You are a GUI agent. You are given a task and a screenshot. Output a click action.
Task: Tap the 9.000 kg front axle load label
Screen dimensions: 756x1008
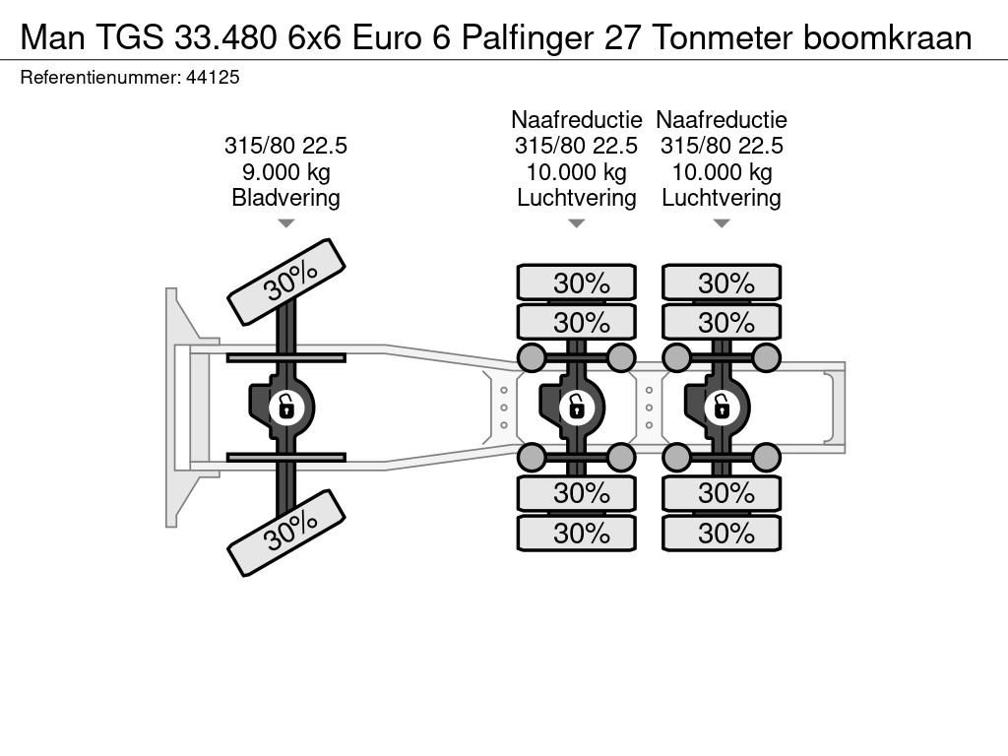(285, 172)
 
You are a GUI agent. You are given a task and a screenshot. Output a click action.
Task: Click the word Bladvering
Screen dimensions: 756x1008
(285, 198)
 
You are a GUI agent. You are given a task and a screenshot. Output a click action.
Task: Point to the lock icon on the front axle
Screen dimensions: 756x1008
(285, 406)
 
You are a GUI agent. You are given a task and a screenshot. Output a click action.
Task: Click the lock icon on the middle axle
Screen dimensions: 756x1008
(576, 406)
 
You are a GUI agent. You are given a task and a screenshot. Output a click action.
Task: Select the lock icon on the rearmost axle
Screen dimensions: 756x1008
(721, 406)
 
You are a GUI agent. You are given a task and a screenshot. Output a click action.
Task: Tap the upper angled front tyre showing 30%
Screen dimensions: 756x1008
(286, 282)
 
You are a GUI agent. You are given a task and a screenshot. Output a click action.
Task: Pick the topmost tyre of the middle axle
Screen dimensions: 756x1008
(577, 283)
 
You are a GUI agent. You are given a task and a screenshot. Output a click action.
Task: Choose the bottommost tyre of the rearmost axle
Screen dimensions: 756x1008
(722, 534)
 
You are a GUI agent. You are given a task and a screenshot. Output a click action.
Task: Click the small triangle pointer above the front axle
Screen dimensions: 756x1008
(285, 223)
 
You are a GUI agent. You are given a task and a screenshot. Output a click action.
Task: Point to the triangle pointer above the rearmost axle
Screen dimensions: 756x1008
(722, 223)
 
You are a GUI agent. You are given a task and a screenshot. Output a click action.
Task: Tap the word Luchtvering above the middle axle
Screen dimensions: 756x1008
(577, 198)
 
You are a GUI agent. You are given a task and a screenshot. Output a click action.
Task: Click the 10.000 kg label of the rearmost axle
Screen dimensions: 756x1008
(722, 172)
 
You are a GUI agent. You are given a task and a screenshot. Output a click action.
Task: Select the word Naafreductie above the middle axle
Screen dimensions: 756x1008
(577, 120)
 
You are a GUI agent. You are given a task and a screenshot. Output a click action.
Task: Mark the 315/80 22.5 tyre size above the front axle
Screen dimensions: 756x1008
(285, 146)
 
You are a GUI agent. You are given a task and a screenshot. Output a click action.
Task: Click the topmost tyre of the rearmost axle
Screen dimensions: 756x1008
(722, 283)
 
